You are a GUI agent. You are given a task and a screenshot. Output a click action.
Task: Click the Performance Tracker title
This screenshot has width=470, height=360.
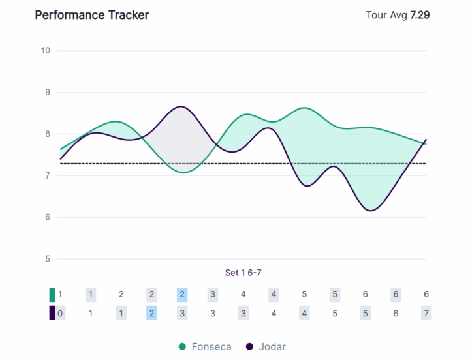(x=91, y=14)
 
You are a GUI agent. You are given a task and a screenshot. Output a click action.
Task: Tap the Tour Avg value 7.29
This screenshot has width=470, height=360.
(x=420, y=14)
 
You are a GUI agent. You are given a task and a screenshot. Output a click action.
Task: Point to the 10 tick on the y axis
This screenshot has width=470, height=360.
(x=45, y=50)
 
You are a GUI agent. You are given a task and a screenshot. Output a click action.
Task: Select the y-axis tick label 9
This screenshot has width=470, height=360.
(x=47, y=92)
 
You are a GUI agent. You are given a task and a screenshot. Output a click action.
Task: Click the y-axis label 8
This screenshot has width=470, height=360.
(x=47, y=134)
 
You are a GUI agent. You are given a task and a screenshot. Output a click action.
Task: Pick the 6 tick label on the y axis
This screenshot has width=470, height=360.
(x=47, y=217)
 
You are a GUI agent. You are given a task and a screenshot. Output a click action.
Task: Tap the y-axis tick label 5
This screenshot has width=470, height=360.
(x=47, y=259)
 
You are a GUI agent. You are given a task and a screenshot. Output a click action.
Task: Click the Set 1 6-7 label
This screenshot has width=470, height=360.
(x=243, y=273)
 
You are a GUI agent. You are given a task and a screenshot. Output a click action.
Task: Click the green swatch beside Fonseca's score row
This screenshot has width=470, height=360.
(x=52, y=294)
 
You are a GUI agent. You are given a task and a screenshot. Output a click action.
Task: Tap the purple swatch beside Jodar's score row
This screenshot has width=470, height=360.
(x=52, y=313)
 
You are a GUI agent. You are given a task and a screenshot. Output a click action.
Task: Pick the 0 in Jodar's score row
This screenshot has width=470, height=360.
(x=60, y=313)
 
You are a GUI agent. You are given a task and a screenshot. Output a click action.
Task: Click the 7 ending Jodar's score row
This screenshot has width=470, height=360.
(x=426, y=313)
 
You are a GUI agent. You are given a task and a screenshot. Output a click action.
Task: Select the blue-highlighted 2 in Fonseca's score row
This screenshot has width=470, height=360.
(x=182, y=294)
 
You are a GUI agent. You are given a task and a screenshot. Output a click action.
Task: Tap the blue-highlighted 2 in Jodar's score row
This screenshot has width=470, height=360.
(x=151, y=313)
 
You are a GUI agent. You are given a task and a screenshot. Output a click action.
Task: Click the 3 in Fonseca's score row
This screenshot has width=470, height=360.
(x=213, y=294)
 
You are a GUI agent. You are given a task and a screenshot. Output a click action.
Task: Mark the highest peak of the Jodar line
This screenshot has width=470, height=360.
(x=181, y=106)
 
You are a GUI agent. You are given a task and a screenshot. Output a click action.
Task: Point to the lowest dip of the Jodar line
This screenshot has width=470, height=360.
(x=370, y=211)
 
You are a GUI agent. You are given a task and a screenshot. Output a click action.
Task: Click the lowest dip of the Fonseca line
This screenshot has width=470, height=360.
(x=183, y=172)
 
